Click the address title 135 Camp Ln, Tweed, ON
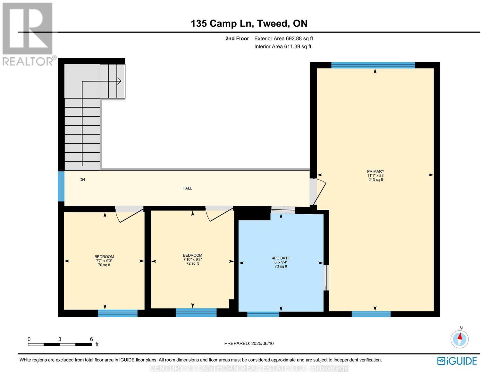click(x=249, y=23)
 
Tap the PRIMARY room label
click(x=376, y=175)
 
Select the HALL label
click(x=187, y=188)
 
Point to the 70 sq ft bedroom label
click(x=104, y=261)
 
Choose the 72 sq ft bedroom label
click(x=192, y=259)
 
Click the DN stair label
click(x=82, y=180)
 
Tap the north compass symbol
click(x=460, y=339)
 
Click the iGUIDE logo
click(x=457, y=361)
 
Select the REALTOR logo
click(x=28, y=34)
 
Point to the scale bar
click(x=60, y=344)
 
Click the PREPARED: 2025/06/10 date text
click(x=249, y=343)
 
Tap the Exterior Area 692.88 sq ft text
click(x=283, y=38)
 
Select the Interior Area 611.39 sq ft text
click(x=283, y=47)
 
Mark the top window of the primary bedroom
click(x=373, y=65)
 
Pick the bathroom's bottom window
click(x=263, y=314)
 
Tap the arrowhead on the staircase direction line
click(x=119, y=81)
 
